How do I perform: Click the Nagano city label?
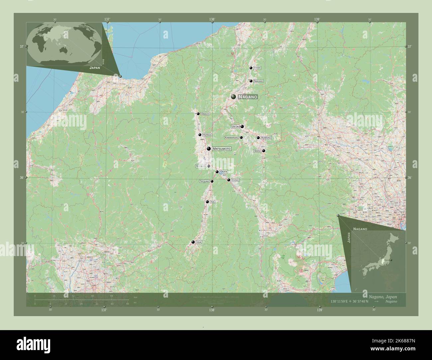[248, 97]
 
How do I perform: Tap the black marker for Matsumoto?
[209, 149]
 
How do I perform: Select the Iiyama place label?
[257, 68]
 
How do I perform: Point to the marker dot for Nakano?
[251, 81]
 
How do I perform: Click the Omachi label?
[205, 114]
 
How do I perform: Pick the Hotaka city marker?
[200, 135]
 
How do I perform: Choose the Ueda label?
[235, 127]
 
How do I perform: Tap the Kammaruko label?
[232, 137]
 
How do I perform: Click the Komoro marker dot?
[258, 137]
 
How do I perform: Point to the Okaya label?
[224, 172]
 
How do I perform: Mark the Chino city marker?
[229, 180]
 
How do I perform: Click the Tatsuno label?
[204, 181]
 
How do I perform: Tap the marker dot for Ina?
[207, 202]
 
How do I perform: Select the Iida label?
[199, 242]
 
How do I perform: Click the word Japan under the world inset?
[95, 67]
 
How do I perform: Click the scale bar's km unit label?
[135, 297]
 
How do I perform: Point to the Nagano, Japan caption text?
[382, 297]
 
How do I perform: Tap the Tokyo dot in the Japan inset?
[391, 260]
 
